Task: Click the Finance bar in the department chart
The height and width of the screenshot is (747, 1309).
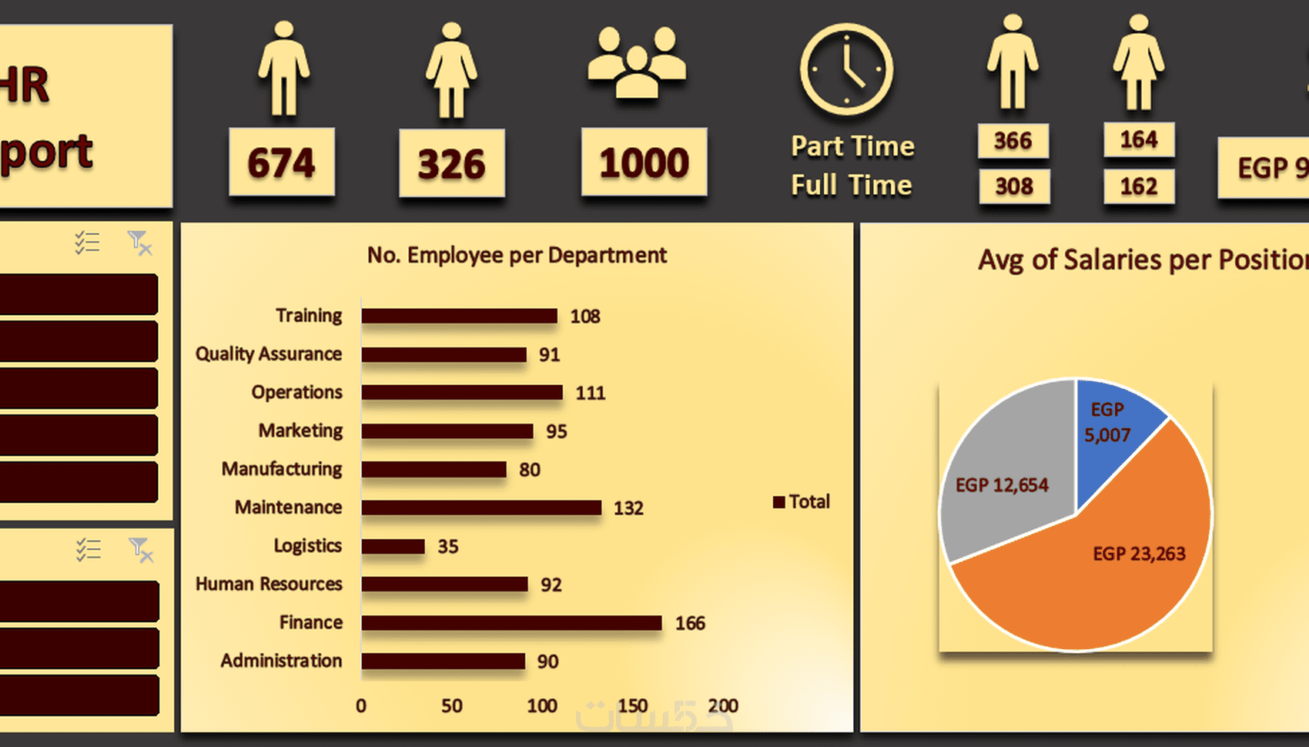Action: (x=511, y=622)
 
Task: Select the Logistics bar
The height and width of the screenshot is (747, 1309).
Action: (x=393, y=546)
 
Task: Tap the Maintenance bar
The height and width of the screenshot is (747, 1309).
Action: (x=481, y=507)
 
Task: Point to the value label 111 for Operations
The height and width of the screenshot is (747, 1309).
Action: (x=591, y=393)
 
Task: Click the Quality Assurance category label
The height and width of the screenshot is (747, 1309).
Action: (x=268, y=353)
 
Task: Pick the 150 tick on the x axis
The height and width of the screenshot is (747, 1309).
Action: (x=632, y=705)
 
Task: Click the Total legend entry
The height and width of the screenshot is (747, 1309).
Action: (x=802, y=501)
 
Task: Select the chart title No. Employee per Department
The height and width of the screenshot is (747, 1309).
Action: (x=517, y=255)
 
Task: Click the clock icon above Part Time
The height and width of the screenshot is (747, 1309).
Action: (x=846, y=69)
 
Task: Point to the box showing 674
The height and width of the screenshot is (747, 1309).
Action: (x=282, y=162)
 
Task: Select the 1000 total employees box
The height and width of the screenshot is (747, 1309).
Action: (x=644, y=162)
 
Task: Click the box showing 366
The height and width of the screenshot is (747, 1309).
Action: (x=1013, y=141)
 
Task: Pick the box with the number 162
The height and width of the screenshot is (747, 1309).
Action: (x=1139, y=186)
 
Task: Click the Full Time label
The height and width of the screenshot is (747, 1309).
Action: (x=852, y=185)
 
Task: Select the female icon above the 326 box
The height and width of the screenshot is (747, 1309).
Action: (x=451, y=69)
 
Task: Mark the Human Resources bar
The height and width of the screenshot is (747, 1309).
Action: (x=444, y=585)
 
